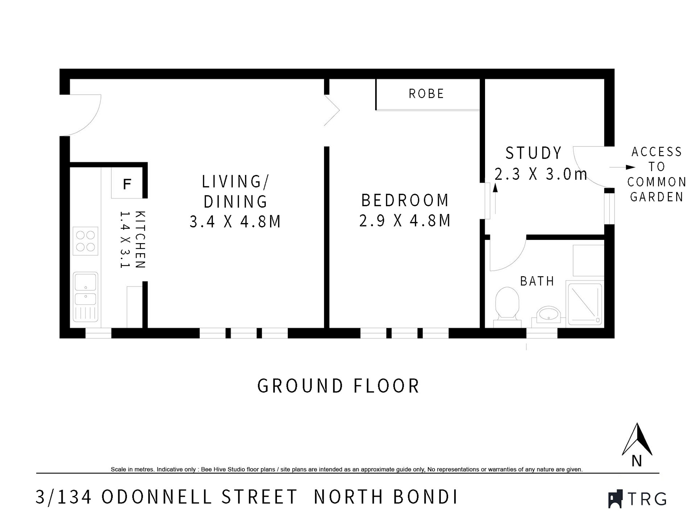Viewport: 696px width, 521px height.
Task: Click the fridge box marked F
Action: (x=127, y=184)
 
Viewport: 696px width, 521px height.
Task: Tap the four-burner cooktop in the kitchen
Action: (x=86, y=241)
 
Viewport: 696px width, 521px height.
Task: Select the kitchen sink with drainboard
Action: (x=86, y=297)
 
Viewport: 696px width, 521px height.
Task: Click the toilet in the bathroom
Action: (x=507, y=304)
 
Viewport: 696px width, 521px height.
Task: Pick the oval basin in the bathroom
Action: (x=548, y=314)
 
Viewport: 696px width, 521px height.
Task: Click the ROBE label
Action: (x=426, y=94)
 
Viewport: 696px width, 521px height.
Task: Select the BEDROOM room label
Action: (x=405, y=200)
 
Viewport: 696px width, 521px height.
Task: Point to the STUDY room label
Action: (x=534, y=153)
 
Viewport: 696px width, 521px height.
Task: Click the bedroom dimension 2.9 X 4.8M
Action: (x=405, y=221)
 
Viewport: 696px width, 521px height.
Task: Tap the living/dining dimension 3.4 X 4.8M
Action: (x=235, y=221)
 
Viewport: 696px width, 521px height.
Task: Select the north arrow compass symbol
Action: (x=637, y=440)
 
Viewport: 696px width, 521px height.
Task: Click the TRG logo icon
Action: (x=615, y=499)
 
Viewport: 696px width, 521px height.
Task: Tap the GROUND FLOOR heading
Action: (x=338, y=386)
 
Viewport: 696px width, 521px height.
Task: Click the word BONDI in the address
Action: (x=426, y=497)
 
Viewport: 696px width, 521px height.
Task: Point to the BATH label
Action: (x=537, y=281)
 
